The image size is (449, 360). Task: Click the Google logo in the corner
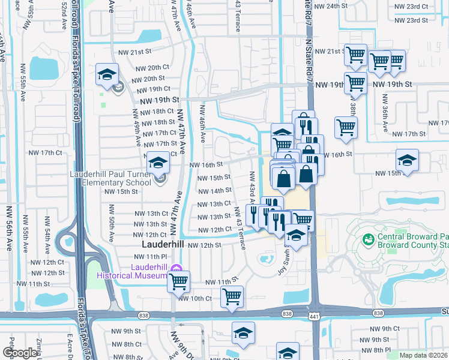[19, 353]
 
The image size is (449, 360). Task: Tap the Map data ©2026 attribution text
[423, 355]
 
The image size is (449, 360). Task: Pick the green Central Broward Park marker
[368, 239]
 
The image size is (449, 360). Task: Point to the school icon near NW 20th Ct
[107, 74]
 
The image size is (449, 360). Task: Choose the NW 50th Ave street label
[112, 222]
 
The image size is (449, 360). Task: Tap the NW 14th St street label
[211, 191]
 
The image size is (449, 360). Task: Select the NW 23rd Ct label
[411, 7]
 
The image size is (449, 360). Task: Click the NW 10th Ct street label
[196, 298]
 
